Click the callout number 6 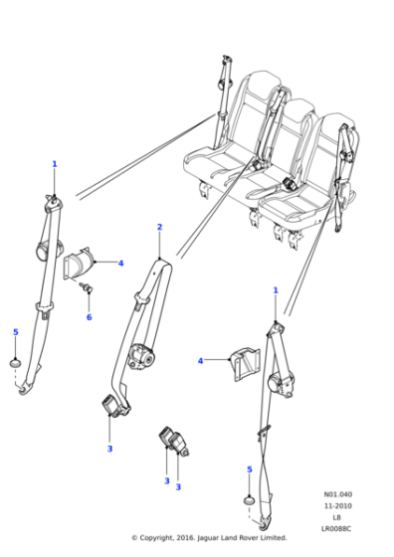coord(89,317)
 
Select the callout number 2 coord(159,228)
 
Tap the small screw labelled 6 coord(87,289)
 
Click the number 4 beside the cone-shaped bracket coord(120,264)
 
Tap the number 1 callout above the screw coord(55,164)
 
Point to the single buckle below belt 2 coord(108,406)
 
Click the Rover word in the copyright coord(245,538)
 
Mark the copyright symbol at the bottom coord(134,538)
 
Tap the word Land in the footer coord(230,538)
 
